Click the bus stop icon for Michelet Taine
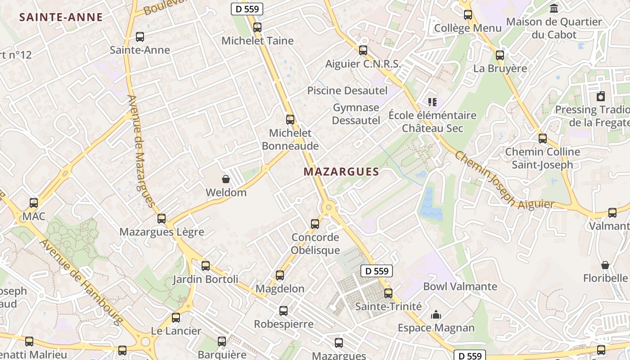tap(257, 27)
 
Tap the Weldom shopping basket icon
tap(226, 179)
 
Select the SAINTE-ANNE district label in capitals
tap(61, 18)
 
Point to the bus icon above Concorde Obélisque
tap(315, 224)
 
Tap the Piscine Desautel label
tap(347, 90)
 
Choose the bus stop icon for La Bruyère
tap(499, 55)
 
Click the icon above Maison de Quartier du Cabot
tap(554, 9)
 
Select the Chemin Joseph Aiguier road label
tap(504, 180)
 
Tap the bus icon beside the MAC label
tap(34, 203)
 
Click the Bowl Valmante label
tap(460, 286)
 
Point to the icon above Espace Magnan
tap(436, 315)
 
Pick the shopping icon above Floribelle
tap(605, 265)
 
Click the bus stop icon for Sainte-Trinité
tap(388, 293)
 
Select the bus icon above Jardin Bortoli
tap(206, 266)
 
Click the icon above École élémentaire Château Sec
tap(432, 102)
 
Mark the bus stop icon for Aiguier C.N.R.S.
tap(363, 50)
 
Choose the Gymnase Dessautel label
tap(356, 114)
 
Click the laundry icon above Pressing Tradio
tap(600, 96)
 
